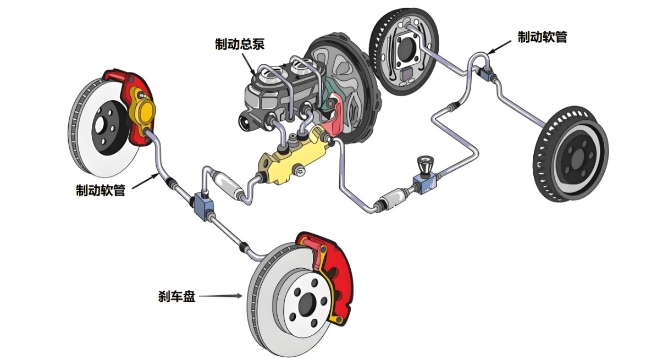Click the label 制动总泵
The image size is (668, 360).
pos(240,44)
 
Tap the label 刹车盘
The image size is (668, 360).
pos(177,296)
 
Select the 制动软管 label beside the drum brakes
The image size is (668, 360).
pos(542,37)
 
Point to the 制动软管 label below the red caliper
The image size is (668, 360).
pos(101,190)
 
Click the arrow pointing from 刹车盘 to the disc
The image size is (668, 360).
pos(220,296)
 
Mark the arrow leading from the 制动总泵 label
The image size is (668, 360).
pos(248,64)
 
